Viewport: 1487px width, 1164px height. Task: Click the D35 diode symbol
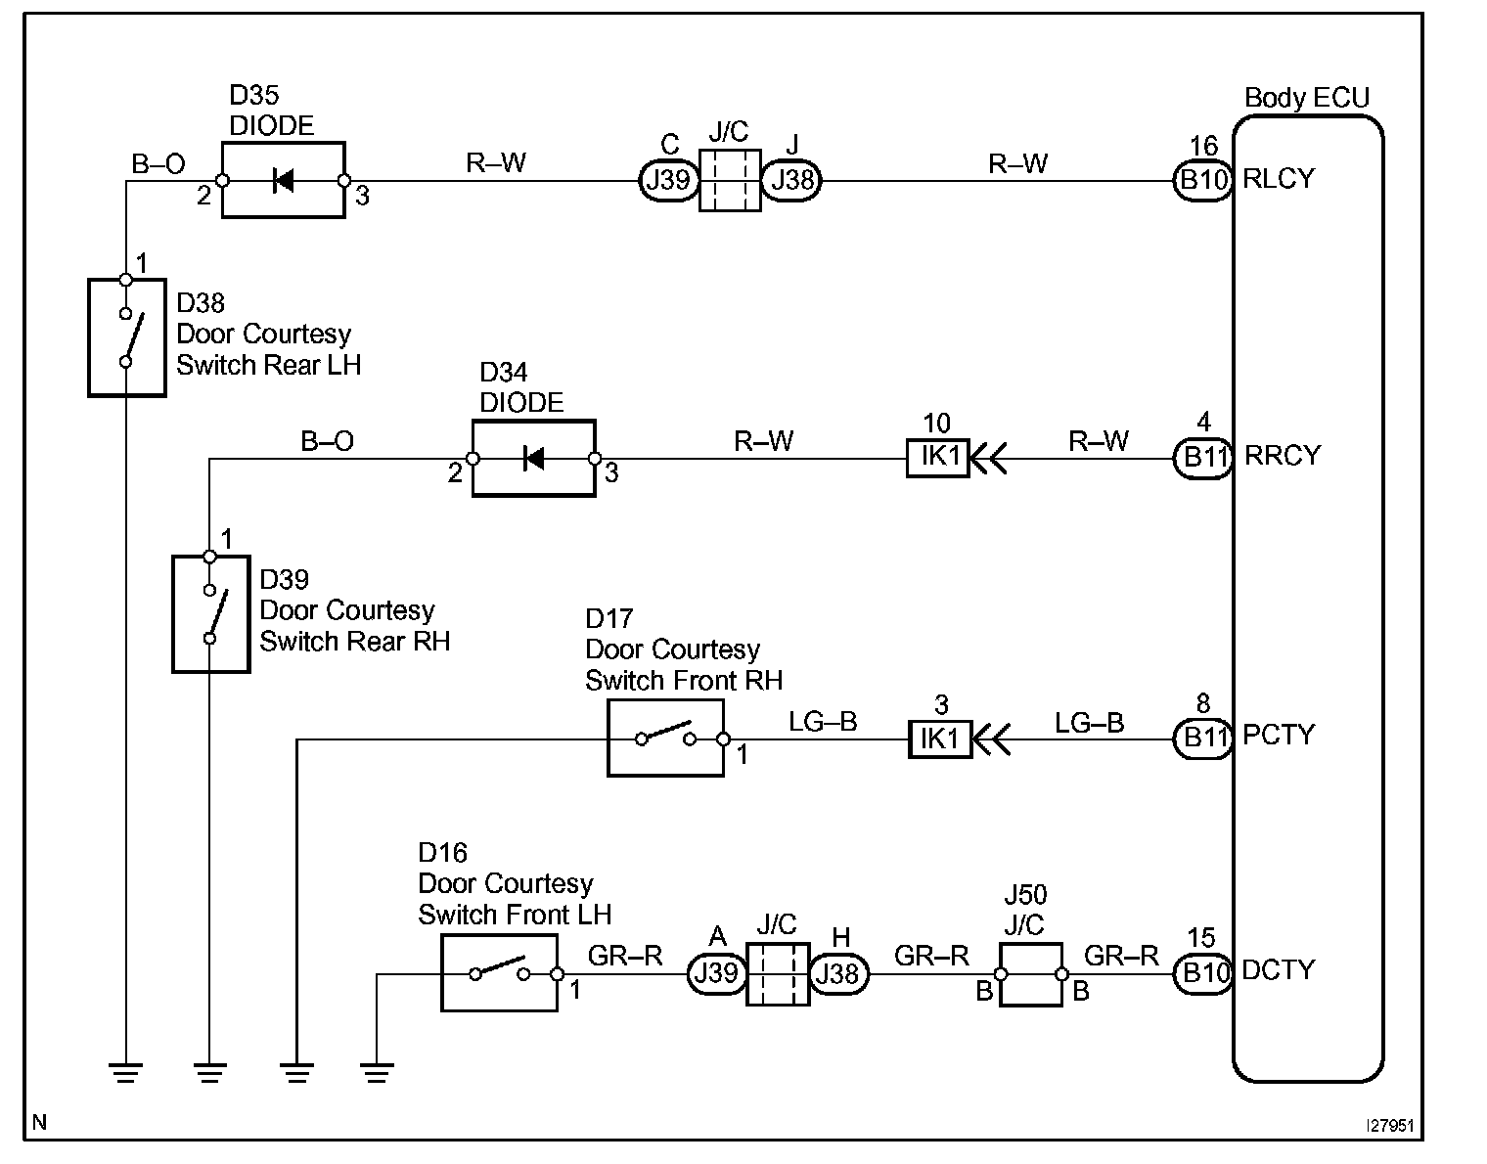284,180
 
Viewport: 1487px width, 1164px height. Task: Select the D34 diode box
533,458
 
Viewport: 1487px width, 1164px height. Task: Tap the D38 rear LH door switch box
126,337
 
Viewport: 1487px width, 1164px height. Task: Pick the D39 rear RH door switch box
210,614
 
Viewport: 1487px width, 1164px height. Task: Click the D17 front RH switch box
665,739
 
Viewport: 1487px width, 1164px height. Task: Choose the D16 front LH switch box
499,972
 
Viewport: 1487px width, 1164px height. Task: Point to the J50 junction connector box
1030,974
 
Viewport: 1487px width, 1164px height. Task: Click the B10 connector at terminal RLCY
1202,181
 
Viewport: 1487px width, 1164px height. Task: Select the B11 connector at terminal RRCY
1202,458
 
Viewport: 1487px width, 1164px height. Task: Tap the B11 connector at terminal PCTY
1202,739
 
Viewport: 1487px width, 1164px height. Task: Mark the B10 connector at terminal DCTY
1202,973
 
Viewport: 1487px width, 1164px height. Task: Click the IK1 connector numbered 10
937,458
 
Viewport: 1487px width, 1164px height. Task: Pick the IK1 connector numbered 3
939,739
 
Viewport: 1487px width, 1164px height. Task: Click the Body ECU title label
1306,98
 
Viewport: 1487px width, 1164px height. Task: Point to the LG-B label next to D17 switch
823,722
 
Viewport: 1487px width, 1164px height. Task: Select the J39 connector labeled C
669,181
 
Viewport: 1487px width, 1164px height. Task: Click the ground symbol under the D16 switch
376,1072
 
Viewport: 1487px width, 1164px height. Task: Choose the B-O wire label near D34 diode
327,441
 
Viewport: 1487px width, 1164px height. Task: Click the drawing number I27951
1390,1126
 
